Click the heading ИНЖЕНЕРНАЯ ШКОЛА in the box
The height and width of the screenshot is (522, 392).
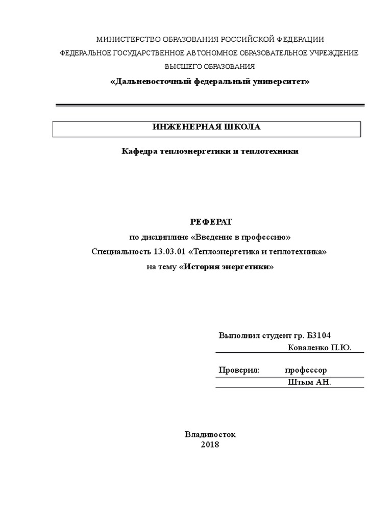pos(207,127)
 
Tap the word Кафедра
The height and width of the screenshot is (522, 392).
pos(139,151)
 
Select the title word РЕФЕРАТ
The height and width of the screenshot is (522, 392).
pos(211,222)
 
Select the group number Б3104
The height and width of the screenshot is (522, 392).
pos(319,335)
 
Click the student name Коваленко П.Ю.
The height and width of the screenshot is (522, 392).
pos(320,348)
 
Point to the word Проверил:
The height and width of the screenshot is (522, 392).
pos(239,370)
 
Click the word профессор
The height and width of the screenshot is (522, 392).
pos(306,370)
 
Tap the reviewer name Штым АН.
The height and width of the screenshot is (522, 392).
pos(309,382)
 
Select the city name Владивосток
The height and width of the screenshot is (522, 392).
pos(210,434)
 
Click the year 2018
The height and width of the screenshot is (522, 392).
pos(210,445)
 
